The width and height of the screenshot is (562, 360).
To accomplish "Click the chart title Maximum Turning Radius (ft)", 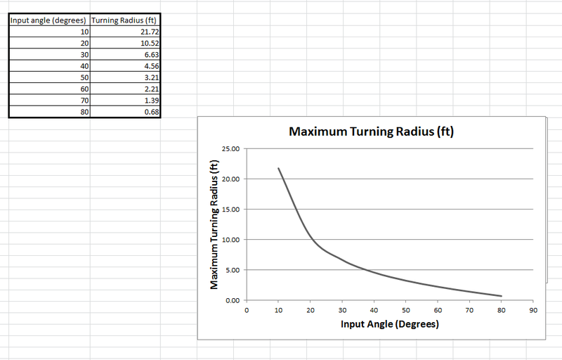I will [x=372, y=131].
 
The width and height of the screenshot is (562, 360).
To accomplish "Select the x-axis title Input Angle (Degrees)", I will [x=390, y=324].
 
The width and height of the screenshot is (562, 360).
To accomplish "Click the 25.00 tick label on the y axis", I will [x=231, y=149].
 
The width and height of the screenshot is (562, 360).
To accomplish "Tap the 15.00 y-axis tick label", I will [x=231, y=210].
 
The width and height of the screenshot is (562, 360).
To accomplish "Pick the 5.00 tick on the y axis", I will [x=233, y=270].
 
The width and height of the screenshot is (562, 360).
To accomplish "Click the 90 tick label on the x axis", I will [x=533, y=309].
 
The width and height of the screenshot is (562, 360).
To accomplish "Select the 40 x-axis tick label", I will [x=374, y=309].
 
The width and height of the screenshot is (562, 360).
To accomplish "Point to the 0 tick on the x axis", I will [x=247, y=309].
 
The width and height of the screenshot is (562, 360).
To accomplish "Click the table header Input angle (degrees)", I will [x=49, y=20].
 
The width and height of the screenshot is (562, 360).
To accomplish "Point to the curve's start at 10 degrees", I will [x=279, y=169].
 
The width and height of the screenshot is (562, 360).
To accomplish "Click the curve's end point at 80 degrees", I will [x=502, y=296].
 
